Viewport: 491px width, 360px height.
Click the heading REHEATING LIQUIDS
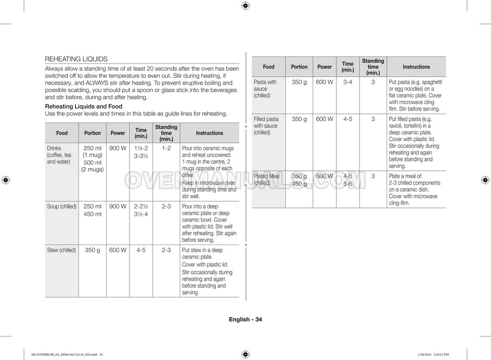click(76, 59)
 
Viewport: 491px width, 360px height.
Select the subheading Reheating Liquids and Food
click(84, 106)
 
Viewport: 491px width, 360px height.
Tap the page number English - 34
click(245, 320)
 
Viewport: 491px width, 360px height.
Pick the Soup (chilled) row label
click(62, 206)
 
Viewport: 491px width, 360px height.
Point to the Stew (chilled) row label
click(62, 250)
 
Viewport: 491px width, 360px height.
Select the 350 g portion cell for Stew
click(92, 250)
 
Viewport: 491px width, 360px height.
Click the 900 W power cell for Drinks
click(118, 148)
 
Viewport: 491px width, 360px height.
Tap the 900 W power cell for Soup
click(118, 206)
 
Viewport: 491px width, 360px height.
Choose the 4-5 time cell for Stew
click(141, 250)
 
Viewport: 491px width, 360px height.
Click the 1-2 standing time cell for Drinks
click(166, 148)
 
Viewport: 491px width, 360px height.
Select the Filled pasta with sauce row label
click(266, 125)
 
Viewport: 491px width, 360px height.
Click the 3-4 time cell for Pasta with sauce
click(347, 82)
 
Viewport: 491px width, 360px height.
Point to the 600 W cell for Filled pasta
click(324, 119)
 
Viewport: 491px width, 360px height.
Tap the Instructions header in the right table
click(416, 67)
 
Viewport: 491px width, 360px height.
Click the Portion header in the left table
click(92, 133)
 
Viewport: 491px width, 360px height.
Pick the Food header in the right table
click(268, 67)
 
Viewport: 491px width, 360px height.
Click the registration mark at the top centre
click(245, 6)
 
